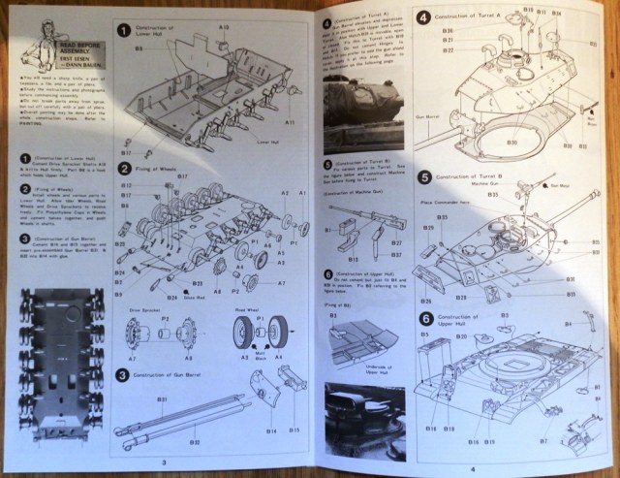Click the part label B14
tap(268, 430)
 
